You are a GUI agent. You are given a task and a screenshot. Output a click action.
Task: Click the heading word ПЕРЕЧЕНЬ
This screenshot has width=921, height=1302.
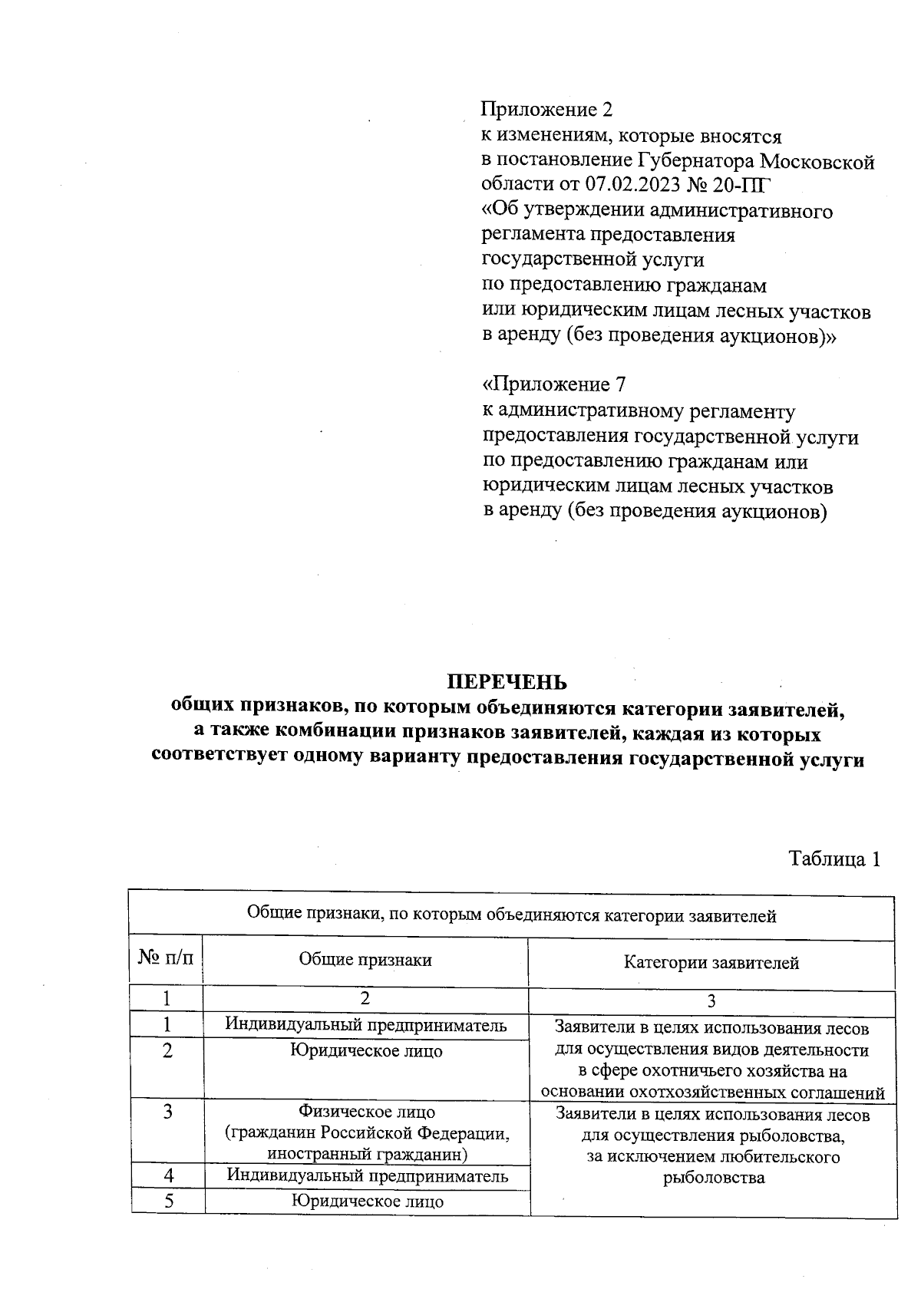pyautogui.click(x=507, y=682)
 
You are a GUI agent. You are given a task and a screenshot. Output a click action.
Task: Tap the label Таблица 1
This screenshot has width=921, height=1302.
pyautogui.click(x=834, y=859)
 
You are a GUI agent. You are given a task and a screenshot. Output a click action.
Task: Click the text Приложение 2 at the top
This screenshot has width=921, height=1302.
pyautogui.click(x=547, y=110)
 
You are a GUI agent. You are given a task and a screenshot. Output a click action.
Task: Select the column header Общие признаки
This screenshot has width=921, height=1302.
pyautogui.click(x=365, y=960)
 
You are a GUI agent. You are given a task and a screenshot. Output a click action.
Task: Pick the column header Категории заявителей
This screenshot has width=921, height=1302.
pyautogui.click(x=711, y=963)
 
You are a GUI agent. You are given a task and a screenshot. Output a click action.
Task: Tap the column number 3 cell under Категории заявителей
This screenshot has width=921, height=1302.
pyautogui.click(x=711, y=1001)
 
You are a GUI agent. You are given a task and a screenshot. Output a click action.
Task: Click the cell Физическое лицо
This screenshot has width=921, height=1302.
pyautogui.click(x=366, y=1112)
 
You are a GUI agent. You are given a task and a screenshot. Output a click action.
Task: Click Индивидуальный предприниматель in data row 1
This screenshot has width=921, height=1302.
pyautogui.click(x=365, y=1025)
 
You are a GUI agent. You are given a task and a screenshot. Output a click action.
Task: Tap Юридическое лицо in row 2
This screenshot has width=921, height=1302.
pyautogui.click(x=366, y=1051)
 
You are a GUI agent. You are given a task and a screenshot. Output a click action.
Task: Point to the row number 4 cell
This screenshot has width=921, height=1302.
pyautogui.click(x=168, y=1175)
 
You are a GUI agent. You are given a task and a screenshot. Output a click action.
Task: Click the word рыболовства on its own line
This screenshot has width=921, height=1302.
pyautogui.click(x=714, y=1178)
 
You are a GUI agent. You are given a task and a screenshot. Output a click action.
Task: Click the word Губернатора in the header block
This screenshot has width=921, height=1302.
pyautogui.click(x=695, y=161)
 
